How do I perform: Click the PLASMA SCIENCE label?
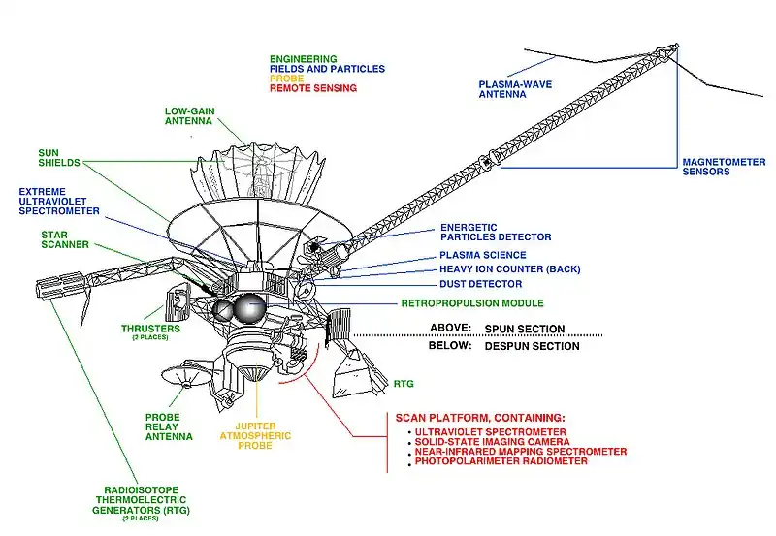click(x=481, y=254)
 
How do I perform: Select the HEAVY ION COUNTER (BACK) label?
click(x=501, y=268)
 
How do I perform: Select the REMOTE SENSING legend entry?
click(x=312, y=88)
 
